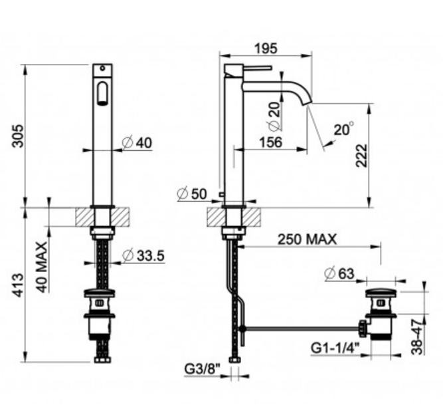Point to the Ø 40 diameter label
[x=138, y=143]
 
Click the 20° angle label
[x=344, y=130]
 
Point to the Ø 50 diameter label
[x=194, y=194]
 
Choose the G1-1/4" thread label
[x=334, y=347]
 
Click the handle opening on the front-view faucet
[x=102, y=94]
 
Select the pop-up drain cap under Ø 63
[x=381, y=293]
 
